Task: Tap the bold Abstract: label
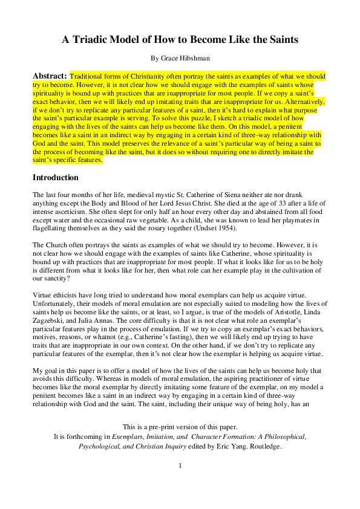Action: pos(50,77)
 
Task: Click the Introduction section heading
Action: pos(56,178)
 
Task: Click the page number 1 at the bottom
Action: pos(180,465)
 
